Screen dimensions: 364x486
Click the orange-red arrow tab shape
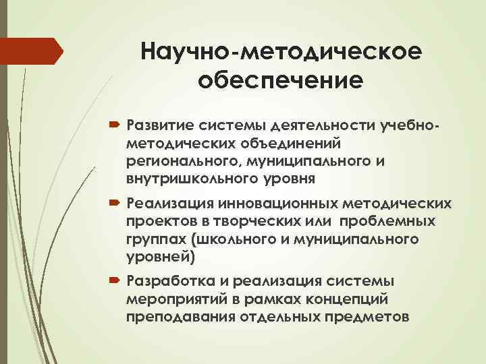point(30,51)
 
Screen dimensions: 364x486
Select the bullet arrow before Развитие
point(112,125)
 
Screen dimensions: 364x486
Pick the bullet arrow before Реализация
point(112,204)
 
